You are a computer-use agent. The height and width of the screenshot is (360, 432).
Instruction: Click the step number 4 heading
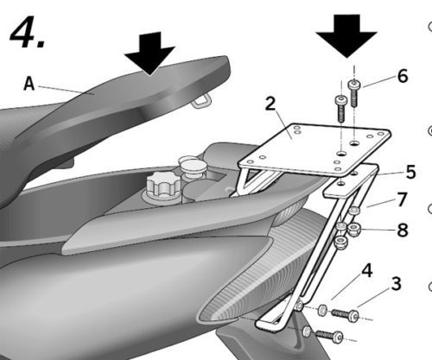pos(28,32)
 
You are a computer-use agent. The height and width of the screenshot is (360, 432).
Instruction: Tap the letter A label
pos(29,84)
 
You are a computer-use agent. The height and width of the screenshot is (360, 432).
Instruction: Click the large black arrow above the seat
pos(149,54)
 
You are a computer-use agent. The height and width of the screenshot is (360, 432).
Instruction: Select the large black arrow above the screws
pos(346,36)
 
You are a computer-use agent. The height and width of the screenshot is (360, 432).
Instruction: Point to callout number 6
pos(403,77)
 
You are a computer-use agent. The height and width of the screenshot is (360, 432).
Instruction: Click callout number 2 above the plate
pos(270,104)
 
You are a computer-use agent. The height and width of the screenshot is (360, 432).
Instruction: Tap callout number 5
pos(410,172)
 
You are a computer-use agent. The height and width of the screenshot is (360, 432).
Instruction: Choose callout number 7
pos(402,199)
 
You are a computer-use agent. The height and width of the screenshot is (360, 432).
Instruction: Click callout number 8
pos(403,230)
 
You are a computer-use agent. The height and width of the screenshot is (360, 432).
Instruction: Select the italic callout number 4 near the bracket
pos(366,271)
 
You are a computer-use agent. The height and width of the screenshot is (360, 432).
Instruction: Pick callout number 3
pos(397,284)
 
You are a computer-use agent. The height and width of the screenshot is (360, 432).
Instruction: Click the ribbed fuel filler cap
pos(160,186)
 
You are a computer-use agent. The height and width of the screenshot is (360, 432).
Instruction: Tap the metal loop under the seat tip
pos(201,101)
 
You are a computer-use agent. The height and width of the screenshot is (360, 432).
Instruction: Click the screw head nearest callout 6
pos(353,85)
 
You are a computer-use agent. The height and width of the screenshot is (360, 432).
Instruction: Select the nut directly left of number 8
pos(353,229)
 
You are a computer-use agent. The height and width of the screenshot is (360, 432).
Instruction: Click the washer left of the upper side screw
pos(322,310)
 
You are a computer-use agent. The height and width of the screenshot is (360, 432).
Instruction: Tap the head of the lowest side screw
pos(338,337)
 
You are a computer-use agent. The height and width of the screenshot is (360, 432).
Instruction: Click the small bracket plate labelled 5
pos(350,180)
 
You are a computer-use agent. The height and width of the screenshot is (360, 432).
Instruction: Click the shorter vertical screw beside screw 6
pos(341,109)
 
